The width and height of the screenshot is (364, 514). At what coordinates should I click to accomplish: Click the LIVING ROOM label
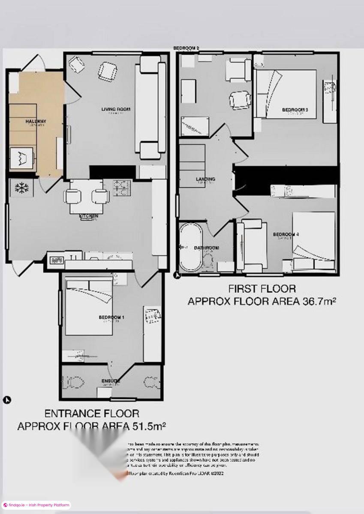[x=116, y=110]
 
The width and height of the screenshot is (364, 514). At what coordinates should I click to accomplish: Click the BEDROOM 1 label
[x=111, y=317]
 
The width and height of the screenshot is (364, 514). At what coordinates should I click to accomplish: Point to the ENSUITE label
[x=111, y=381]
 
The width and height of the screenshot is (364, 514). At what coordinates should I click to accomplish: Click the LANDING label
[x=205, y=179]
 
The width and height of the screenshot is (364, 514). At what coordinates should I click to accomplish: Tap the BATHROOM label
[x=207, y=248]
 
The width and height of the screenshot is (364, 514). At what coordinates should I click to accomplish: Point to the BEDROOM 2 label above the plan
[x=186, y=48]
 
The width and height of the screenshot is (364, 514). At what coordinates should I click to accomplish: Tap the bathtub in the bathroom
[x=190, y=247]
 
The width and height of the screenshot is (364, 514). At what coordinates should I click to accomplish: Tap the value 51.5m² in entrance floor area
[x=146, y=426]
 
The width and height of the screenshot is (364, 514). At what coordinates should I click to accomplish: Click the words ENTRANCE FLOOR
[x=92, y=413]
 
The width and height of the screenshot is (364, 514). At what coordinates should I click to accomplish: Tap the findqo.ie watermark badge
[x=36, y=505]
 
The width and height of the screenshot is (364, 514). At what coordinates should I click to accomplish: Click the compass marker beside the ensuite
[x=6, y=400]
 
